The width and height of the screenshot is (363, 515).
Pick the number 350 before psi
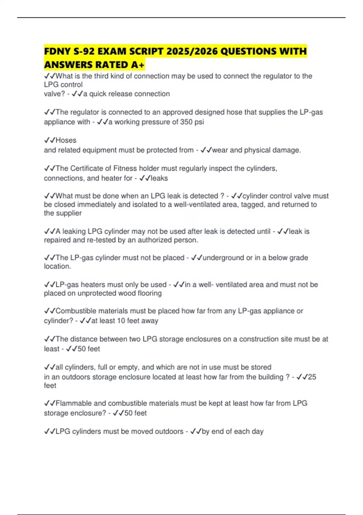tap(186, 122)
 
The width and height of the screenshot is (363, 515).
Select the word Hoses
tap(66, 140)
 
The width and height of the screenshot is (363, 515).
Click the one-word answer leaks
tap(159, 178)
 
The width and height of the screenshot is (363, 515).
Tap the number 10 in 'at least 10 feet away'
tap(121, 321)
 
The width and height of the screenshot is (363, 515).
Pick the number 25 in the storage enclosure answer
tap(312, 377)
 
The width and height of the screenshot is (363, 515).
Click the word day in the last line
tap(257, 431)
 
